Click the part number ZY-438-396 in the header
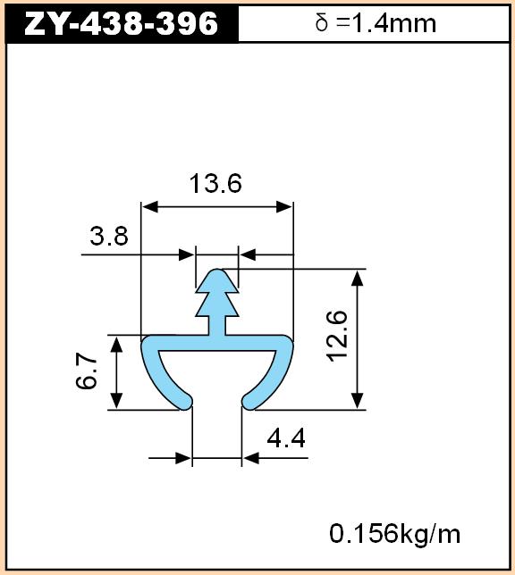[x=121, y=23]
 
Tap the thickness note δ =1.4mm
[x=376, y=23]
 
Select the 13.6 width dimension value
[x=215, y=183]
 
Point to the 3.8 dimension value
[x=109, y=236]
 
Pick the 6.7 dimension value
[x=87, y=371]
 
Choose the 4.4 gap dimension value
[x=286, y=438]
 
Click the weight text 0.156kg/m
[x=394, y=534]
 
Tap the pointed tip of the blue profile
[x=217, y=271]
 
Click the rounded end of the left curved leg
[x=185, y=402]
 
